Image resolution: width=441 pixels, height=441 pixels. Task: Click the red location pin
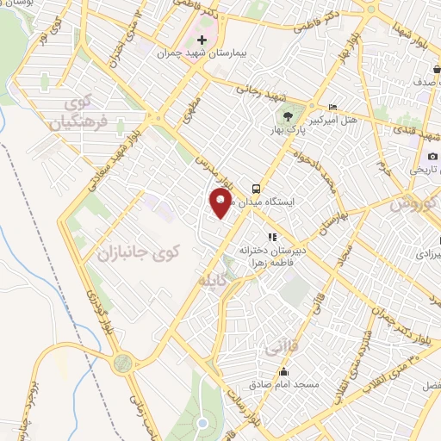tap(221, 203)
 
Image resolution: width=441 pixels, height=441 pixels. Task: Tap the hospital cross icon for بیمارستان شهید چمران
tap(202, 40)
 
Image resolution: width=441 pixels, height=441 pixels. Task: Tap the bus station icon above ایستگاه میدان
tap(255, 189)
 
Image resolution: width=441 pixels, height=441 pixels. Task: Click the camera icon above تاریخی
tap(432, 156)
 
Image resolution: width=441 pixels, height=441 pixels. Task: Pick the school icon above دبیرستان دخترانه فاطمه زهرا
tap(271, 236)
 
